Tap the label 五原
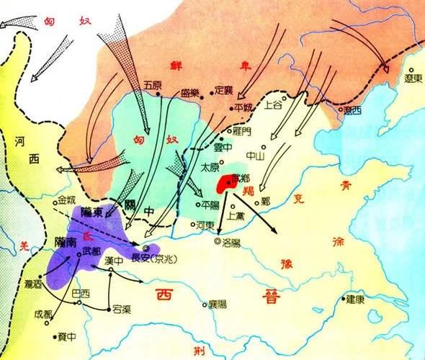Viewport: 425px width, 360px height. [153, 83]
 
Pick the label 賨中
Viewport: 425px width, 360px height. [65, 336]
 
